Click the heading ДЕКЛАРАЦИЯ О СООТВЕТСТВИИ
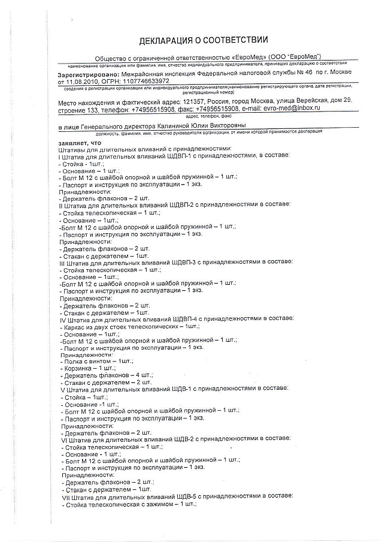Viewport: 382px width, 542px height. pyautogui.click(x=203, y=40)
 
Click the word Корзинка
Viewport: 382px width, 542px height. pyautogui.click(x=78, y=368)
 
